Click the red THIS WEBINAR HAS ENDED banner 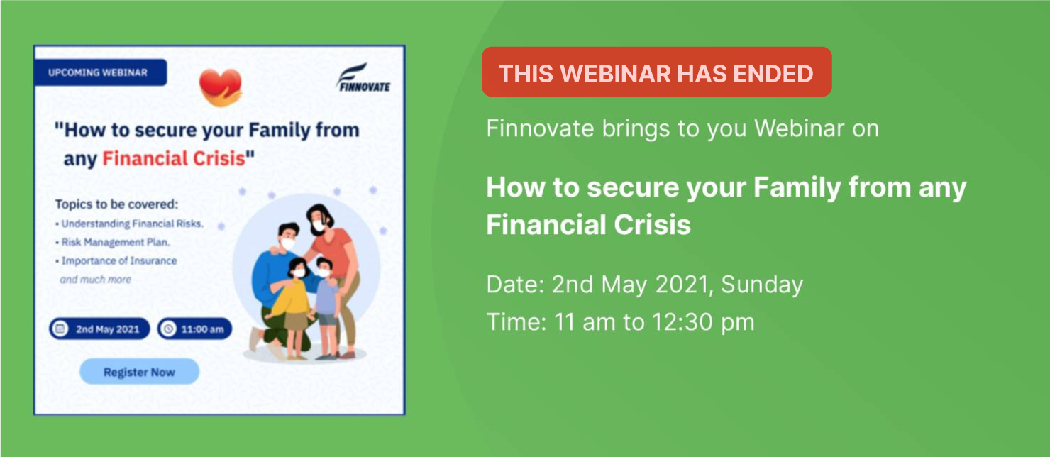click(x=657, y=72)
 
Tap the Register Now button click(x=139, y=372)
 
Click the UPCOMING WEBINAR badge click(x=100, y=72)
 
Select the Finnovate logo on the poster click(x=363, y=78)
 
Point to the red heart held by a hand click(x=221, y=87)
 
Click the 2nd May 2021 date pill click(x=99, y=329)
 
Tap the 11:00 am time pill click(x=194, y=329)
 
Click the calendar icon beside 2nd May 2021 click(x=60, y=329)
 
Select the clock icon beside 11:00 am click(x=168, y=329)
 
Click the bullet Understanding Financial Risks click(x=129, y=224)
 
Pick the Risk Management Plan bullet click(x=113, y=242)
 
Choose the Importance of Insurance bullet click(x=116, y=260)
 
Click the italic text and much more click(x=95, y=280)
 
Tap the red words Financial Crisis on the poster click(x=174, y=158)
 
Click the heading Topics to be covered click(x=117, y=204)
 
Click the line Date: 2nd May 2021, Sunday click(x=644, y=285)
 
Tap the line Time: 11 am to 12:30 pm click(x=621, y=322)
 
